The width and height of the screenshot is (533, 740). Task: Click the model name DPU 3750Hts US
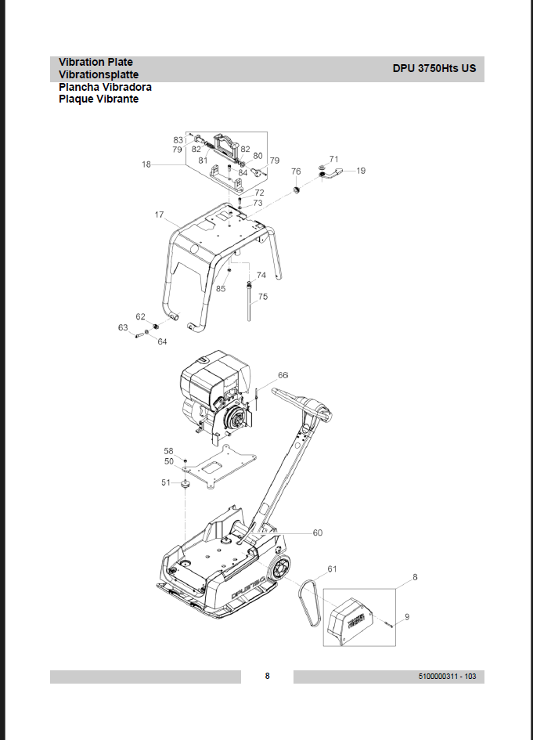pos(434,68)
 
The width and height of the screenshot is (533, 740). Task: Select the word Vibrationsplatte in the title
pos(99,74)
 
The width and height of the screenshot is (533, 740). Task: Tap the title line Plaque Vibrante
pos(99,99)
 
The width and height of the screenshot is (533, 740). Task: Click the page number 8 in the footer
pos(268,677)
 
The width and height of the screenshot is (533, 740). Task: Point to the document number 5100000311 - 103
pos(447,677)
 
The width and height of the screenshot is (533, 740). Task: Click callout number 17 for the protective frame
pos(160,215)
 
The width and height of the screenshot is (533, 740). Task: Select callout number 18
pos(146,164)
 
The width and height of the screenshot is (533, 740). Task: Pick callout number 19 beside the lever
pos(361,171)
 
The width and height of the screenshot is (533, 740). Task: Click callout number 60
pos(318,532)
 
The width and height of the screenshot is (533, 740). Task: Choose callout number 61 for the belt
pos(332,569)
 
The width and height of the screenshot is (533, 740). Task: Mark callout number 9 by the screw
pos(407,617)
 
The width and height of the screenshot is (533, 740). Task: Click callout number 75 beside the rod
pos(263,296)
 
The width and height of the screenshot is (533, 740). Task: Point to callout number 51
pos(166,482)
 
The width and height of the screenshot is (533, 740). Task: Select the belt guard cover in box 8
pos(351,619)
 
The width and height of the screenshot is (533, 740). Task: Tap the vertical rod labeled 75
pos(249,303)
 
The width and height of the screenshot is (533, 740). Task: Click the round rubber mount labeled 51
pos(185,484)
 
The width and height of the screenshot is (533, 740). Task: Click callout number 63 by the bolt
pos(123,327)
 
